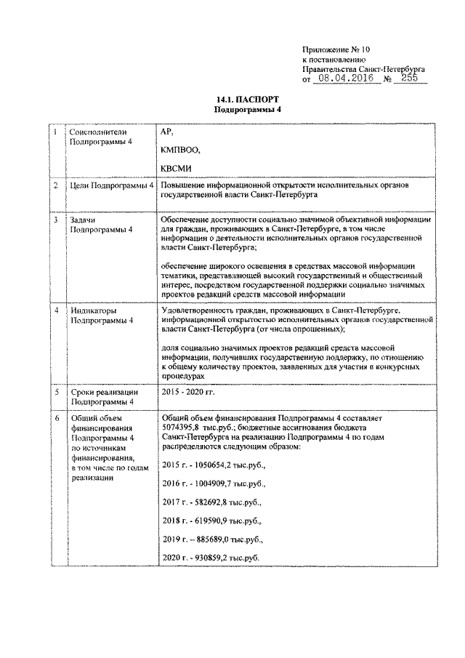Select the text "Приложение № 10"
336,51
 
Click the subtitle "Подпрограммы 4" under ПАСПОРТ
247,109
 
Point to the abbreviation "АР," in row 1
166,132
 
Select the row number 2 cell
56,186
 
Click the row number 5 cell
56,393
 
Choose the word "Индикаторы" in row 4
94,310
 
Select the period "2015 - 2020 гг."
190,392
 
